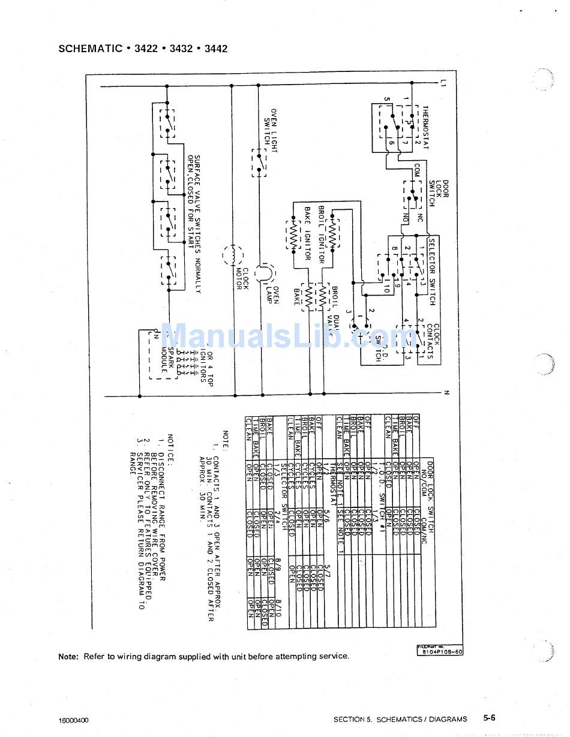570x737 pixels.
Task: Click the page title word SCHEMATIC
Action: point(91,49)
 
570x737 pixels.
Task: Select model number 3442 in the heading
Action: point(216,49)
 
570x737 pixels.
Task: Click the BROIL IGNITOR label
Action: point(322,234)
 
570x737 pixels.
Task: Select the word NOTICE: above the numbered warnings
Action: point(170,450)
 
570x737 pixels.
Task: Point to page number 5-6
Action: point(489,718)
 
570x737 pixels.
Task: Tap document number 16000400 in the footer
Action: point(74,719)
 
